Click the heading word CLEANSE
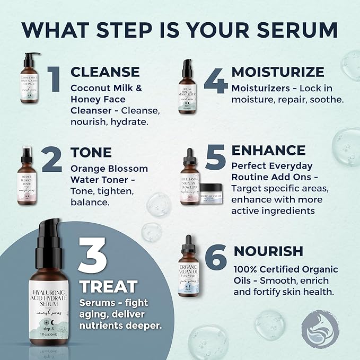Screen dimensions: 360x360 point(105,72)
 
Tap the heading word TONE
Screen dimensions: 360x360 point(91,152)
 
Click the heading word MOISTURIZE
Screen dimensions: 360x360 point(278,72)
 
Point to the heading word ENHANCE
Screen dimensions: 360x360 point(268,150)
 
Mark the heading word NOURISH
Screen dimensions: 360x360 point(268,251)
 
